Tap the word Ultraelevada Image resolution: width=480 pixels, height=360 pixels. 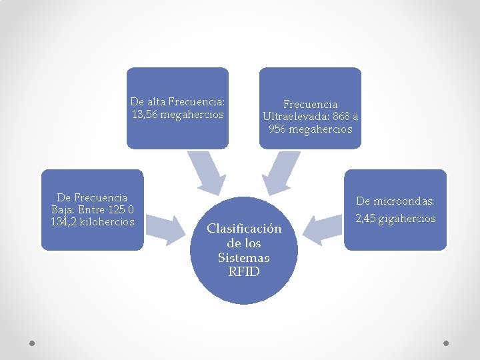pyautogui.click(x=291, y=117)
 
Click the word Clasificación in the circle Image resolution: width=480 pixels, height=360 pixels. pyautogui.click(x=244, y=229)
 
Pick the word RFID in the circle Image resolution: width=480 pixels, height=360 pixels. pyautogui.click(x=244, y=272)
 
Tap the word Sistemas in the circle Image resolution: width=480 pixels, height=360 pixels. pyautogui.click(x=244, y=257)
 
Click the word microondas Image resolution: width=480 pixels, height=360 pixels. pyautogui.click(x=403, y=201)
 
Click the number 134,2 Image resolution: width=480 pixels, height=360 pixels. pyautogui.click(x=63, y=221)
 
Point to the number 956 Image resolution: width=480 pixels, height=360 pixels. pyautogui.click(x=278, y=129)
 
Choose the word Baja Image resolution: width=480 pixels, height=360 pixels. pyautogui.click(x=63, y=209)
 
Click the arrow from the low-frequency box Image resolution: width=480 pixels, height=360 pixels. pyautogui.click(x=165, y=227)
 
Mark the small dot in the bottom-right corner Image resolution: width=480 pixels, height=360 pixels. pyautogui.click(x=447, y=343)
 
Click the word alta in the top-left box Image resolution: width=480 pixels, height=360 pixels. pyautogui.click(x=157, y=102)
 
